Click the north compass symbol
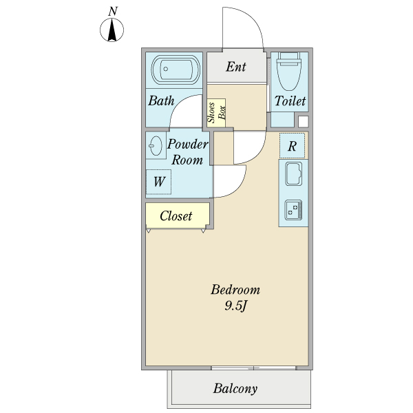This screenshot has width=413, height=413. click(x=112, y=30)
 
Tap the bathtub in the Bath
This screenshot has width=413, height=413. click(x=176, y=70)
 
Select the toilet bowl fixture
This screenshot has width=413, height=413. click(x=289, y=71)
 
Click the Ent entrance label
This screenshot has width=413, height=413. click(x=236, y=67)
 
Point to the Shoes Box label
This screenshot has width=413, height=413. click(x=216, y=113)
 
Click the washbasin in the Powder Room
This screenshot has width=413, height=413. click(x=156, y=146)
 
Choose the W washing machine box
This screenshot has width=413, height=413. click(x=159, y=182)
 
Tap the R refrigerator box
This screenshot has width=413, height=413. click(x=292, y=146)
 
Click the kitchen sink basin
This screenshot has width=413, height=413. click(x=294, y=173)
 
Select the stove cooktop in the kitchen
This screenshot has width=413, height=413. click(x=293, y=210)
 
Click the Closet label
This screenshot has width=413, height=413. click(x=176, y=216)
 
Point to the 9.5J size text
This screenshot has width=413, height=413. click(x=235, y=306)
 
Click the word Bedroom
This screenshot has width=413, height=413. click(x=235, y=290)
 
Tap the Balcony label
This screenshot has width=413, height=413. click(x=235, y=388)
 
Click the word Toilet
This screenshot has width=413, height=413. click(x=290, y=101)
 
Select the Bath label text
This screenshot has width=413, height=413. click(x=161, y=100)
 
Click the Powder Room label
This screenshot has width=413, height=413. click(x=187, y=152)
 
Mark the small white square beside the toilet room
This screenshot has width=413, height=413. click(x=303, y=122)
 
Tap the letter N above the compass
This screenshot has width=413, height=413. click(x=113, y=11)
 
